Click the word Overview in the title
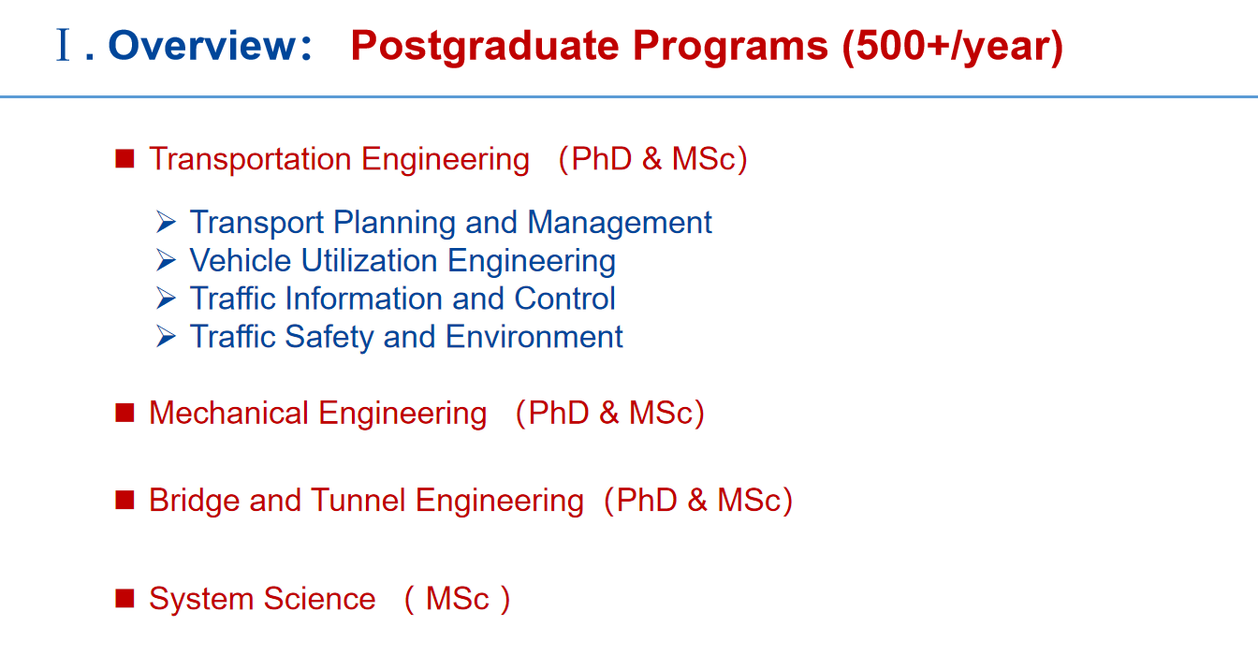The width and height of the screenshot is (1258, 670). coord(201,46)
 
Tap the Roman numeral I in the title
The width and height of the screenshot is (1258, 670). coord(64,45)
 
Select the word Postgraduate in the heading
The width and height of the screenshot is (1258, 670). coord(485,48)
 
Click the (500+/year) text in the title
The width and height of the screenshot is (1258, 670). coord(953,47)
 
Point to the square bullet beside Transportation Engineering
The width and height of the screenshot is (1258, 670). coord(124,159)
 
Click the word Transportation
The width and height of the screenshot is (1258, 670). coord(251,159)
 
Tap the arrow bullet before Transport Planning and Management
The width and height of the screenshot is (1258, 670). coord(167,222)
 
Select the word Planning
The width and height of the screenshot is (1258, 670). coord(394,223)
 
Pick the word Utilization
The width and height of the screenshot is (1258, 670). coord(369,260)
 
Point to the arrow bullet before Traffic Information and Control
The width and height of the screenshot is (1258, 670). coord(167,299)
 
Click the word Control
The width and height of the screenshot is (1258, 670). coord(565,299)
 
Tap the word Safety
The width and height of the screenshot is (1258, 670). coord(329,338)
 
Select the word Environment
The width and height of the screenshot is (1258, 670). coord(534,337)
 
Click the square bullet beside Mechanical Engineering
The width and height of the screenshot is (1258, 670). coord(124,413)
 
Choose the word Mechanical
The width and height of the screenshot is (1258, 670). coord(228,413)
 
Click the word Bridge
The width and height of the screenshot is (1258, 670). coord(195,501)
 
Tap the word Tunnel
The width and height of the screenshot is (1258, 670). coord(358,500)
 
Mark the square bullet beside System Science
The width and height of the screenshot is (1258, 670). coord(124,599)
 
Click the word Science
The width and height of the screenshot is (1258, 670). coord(319,599)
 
